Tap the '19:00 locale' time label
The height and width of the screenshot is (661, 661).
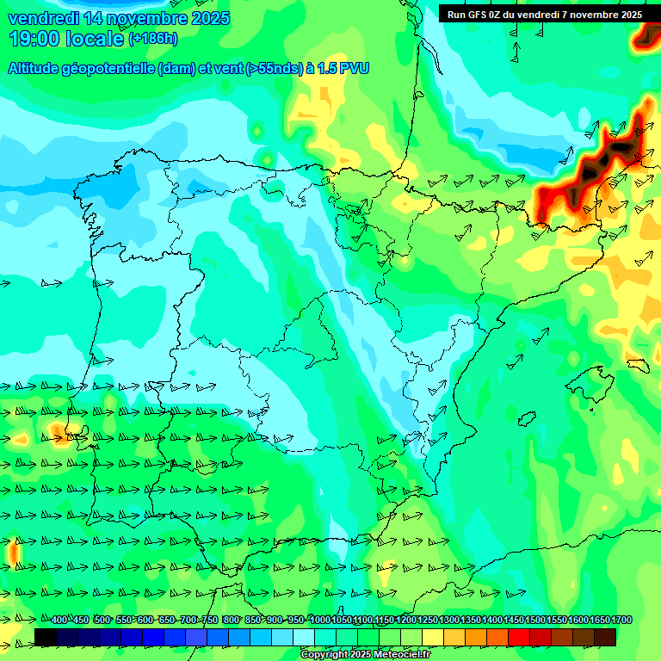pyautogui.click(x=66, y=39)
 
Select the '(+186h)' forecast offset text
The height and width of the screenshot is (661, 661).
pyautogui.click(x=152, y=39)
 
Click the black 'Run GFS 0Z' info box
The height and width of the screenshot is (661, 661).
pyautogui.click(x=544, y=14)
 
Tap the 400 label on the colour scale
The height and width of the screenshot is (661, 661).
pyautogui.click(x=59, y=621)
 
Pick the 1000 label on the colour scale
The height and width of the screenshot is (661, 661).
pyautogui.click(x=320, y=621)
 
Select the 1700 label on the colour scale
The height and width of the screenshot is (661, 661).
pyautogui.click(x=600, y=621)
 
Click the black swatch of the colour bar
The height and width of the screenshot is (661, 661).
pyautogui.click(x=46, y=637)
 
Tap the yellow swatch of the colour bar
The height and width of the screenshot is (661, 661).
pyautogui.click(x=433, y=637)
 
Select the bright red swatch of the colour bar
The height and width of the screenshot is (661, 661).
pyautogui.click(x=519, y=637)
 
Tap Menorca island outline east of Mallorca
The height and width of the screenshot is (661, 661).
pyautogui.click(x=638, y=363)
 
